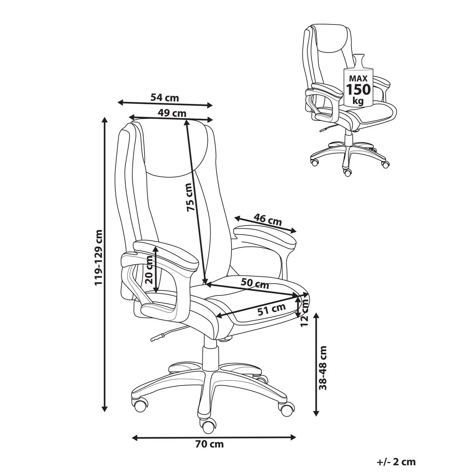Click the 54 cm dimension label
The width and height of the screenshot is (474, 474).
point(165,98)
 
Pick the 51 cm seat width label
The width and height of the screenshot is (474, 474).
point(271,310)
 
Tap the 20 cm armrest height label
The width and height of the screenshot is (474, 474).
point(149,270)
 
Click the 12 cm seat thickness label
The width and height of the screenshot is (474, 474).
point(305,313)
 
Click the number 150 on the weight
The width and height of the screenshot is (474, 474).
point(358,90)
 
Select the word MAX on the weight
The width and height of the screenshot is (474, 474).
point(358,78)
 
